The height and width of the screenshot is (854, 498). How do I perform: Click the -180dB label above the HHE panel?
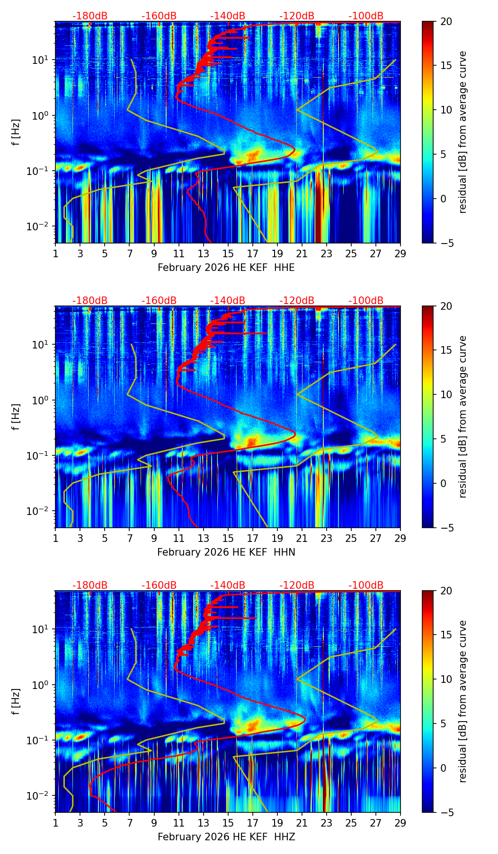point(90,16)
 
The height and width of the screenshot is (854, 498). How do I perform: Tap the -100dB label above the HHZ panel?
point(366,585)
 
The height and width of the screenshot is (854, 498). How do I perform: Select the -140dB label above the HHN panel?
point(228,301)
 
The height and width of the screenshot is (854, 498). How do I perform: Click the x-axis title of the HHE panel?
point(226,268)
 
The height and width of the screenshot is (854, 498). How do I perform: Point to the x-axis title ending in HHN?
point(226,552)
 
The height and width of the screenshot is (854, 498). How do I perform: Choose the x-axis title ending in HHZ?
point(226,837)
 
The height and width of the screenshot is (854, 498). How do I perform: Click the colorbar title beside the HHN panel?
point(462,417)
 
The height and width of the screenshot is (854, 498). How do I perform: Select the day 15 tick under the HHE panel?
point(228,253)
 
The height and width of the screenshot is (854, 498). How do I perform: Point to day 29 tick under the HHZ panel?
point(400,823)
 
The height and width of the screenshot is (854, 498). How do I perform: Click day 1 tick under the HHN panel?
point(56,538)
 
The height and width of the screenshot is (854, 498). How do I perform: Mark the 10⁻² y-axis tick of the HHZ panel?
point(43,796)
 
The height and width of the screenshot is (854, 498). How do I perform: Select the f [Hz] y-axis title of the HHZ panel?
point(17,702)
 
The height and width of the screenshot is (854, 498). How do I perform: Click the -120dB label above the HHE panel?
point(297,16)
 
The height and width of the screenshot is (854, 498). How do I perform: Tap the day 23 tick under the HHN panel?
point(326,538)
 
